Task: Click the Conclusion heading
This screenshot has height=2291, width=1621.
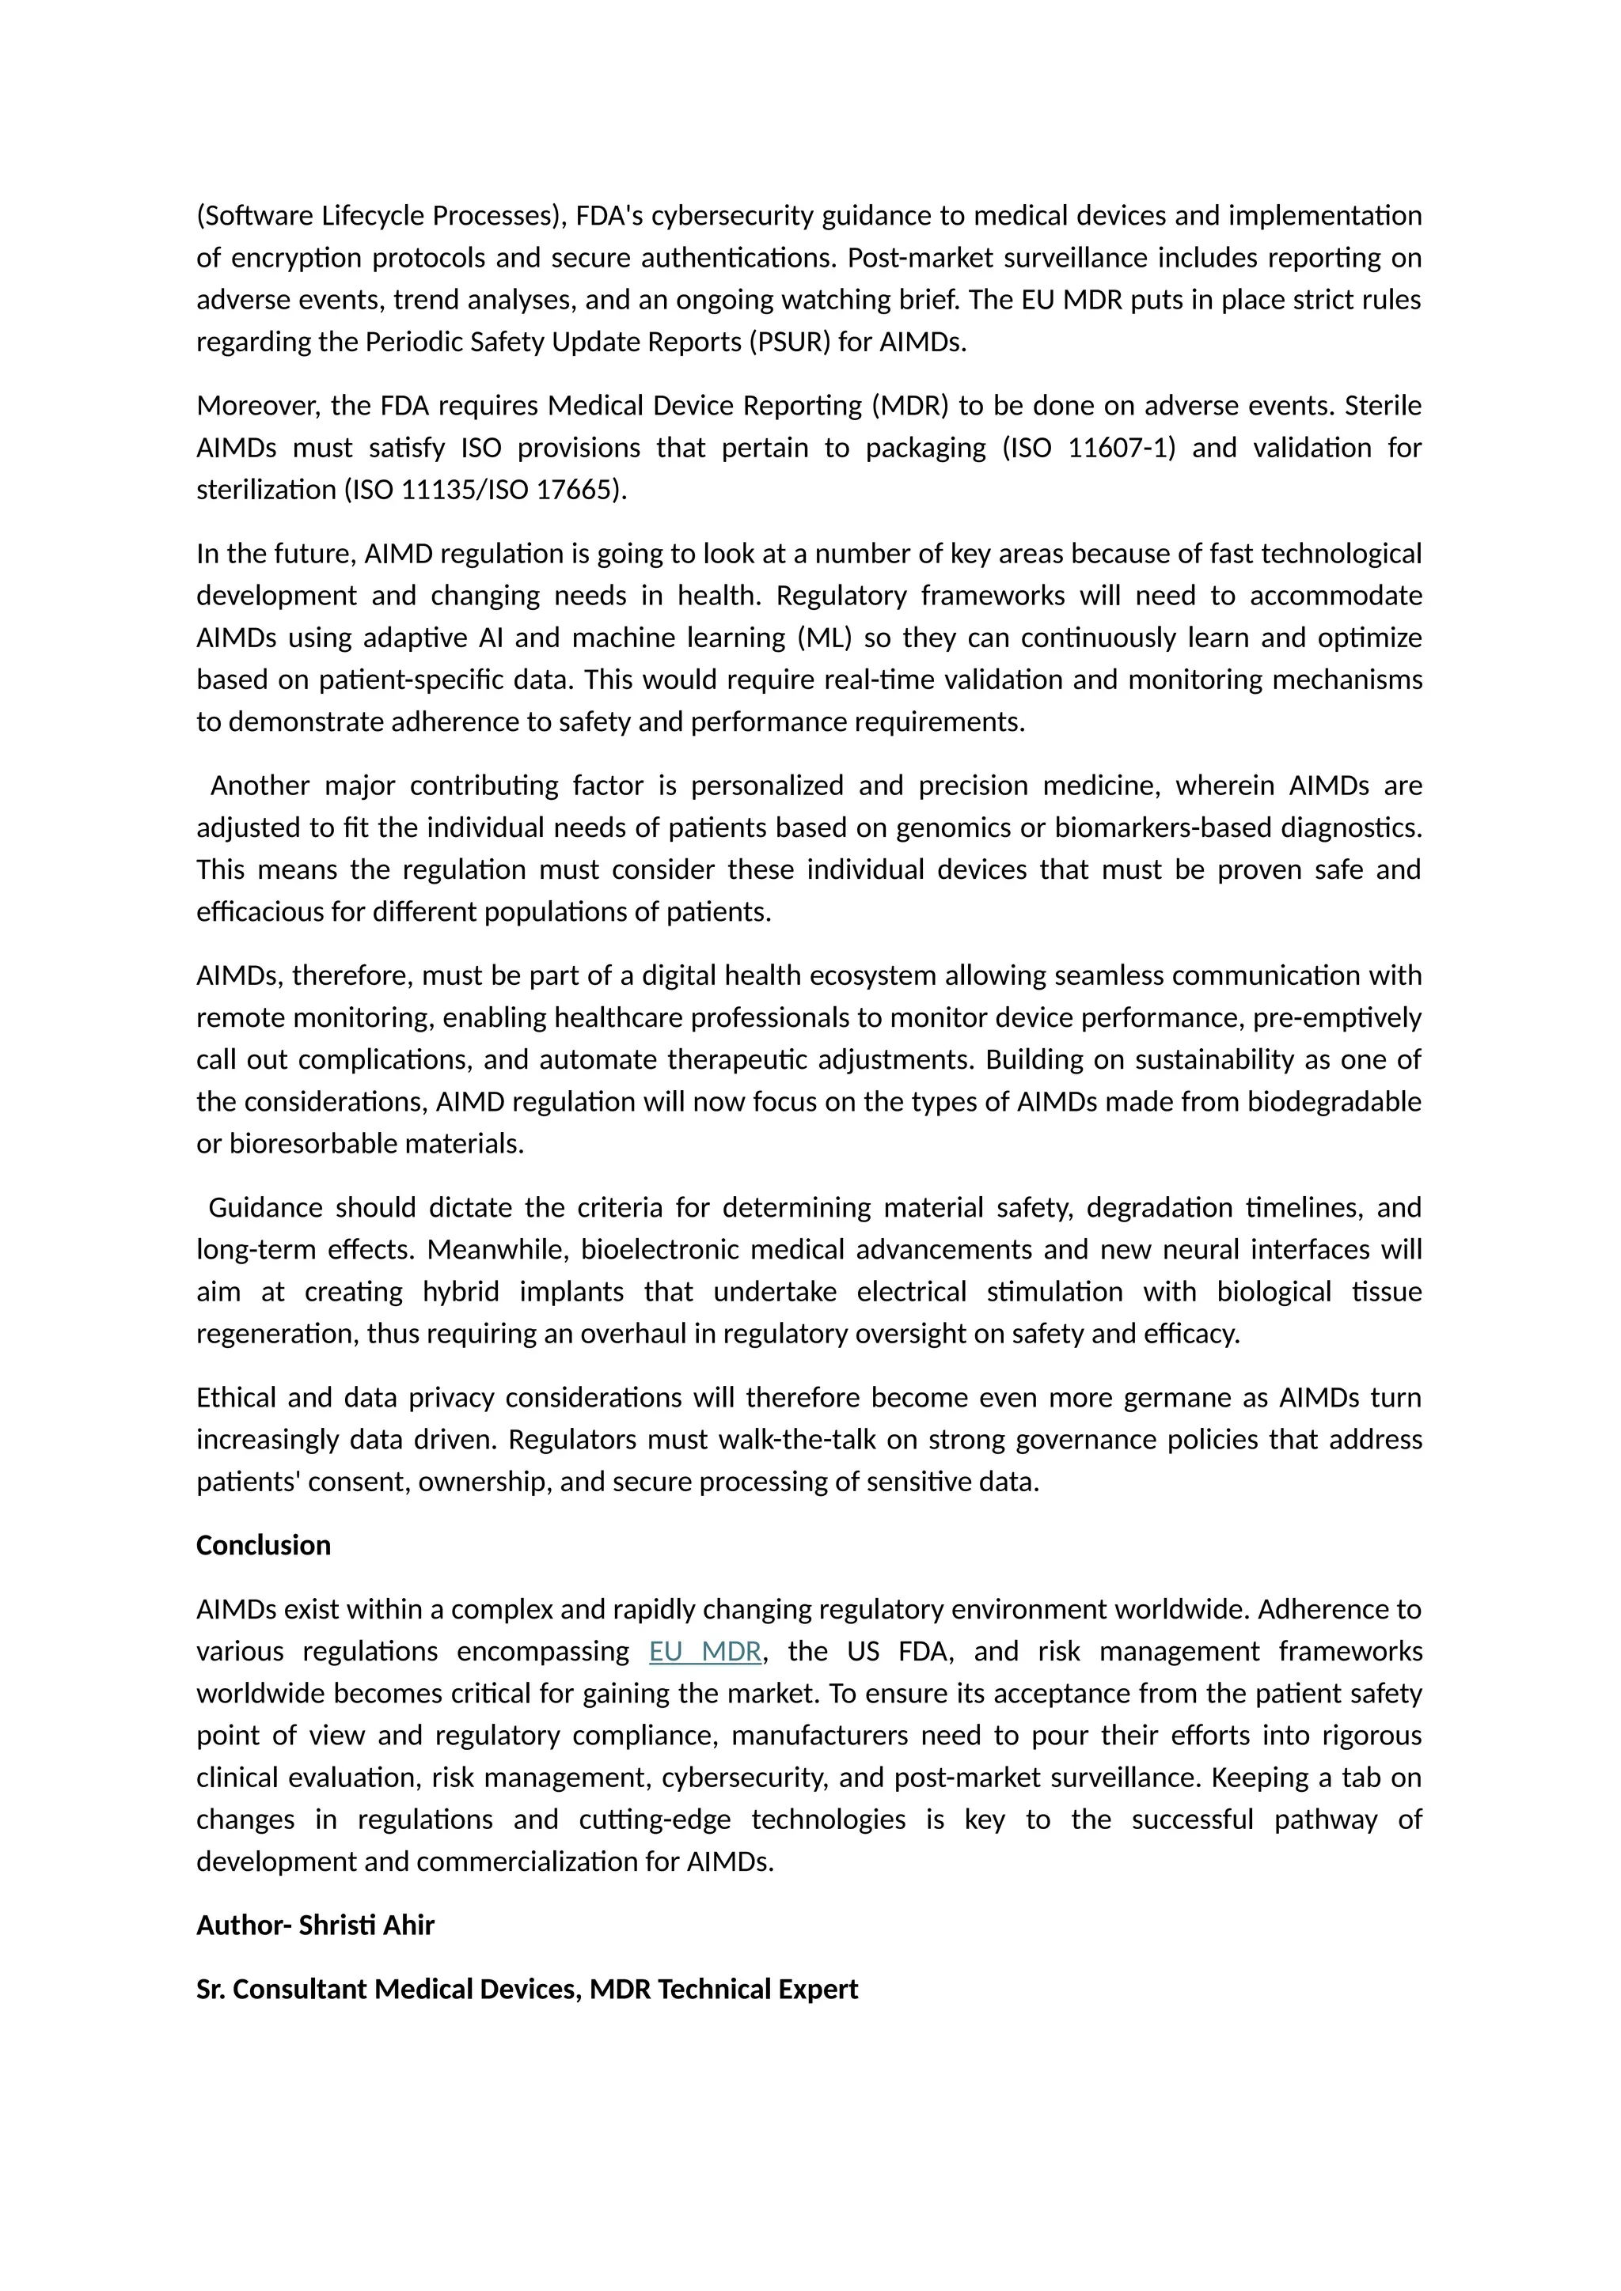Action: pyautogui.click(x=263, y=1546)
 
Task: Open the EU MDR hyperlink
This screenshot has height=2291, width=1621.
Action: pyautogui.click(x=704, y=1651)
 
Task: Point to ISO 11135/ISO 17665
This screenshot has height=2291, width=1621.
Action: pyautogui.click(x=485, y=490)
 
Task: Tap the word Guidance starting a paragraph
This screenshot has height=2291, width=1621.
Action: pyautogui.click(x=265, y=1207)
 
